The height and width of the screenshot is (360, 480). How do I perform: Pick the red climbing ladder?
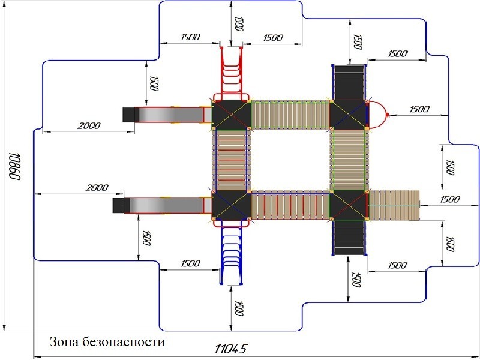[232, 72]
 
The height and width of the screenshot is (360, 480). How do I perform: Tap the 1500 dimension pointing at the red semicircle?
[419, 109]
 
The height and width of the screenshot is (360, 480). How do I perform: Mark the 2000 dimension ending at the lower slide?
[96, 188]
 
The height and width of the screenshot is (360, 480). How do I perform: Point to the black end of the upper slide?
[128, 114]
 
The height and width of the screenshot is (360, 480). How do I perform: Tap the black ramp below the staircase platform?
[349, 238]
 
